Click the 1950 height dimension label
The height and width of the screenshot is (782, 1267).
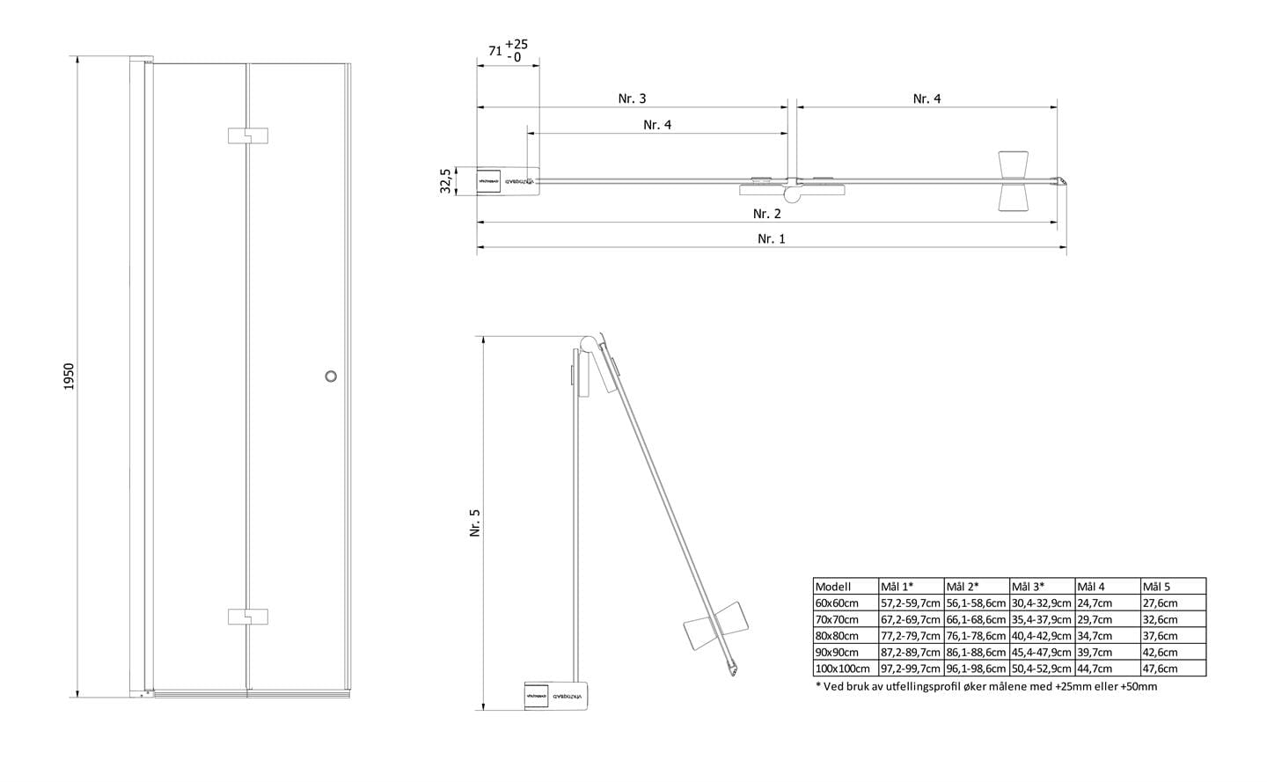point(71,376)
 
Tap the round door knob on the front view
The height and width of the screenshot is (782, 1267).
point(331,376)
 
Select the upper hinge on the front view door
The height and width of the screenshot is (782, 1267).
point(247,135)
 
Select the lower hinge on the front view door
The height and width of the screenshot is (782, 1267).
point(247,616)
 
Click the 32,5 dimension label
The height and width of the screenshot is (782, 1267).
point(445,181)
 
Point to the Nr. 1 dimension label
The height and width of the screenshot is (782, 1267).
point(771,238)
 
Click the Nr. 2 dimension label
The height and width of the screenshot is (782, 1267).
point(766,214)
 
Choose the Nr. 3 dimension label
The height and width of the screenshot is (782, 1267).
point(632,99)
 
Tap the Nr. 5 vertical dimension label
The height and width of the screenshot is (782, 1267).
point(476,524)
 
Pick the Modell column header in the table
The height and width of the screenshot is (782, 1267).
point(833,587)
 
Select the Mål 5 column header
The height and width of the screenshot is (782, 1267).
point(1155,587)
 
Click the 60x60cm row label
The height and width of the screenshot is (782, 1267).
point(836,603)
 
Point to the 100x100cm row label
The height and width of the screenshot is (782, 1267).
point(839,669)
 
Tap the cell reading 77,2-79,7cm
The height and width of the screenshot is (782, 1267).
point(911,636)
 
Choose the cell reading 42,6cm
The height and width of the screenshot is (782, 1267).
point(1160,653)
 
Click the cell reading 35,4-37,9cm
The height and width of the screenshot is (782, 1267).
point(1042,619)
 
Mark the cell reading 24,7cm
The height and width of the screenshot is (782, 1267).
point(1095,603)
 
